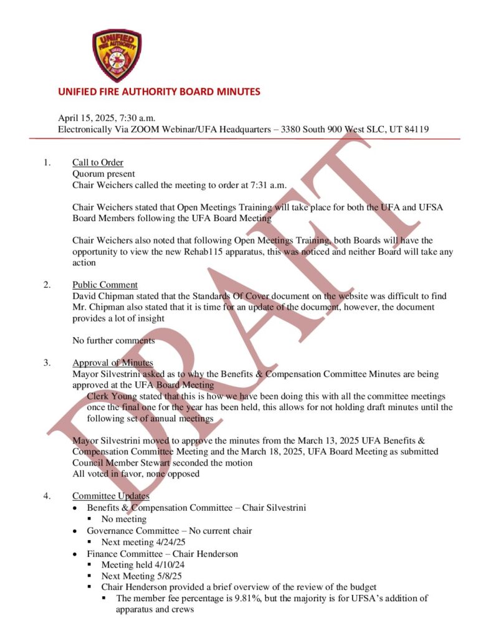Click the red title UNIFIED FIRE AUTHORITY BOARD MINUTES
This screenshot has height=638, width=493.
159,92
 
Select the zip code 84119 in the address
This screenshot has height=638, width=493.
415,129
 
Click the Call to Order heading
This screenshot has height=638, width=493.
97,163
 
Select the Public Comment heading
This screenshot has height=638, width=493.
105,285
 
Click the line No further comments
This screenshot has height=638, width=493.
113,340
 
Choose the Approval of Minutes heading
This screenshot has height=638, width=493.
112,363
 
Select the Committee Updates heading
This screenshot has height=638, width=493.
110,496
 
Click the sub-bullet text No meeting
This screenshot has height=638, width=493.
125,519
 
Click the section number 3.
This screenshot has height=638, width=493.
46,363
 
